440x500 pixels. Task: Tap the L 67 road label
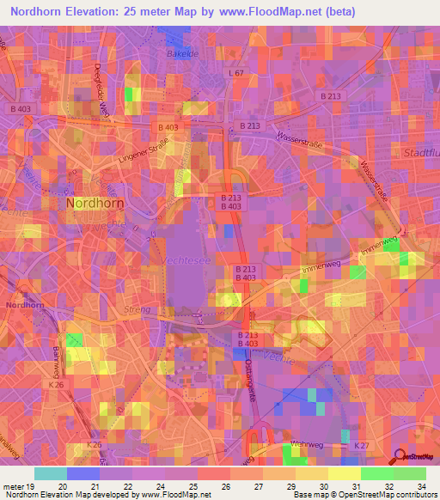click(x=236, y=75)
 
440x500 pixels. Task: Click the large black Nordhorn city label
click(x=94, y=204)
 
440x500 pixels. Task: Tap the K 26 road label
click(x=57, y=384)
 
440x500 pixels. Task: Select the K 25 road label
click(x=95, y=444)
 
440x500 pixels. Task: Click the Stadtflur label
click(x=421, y=152)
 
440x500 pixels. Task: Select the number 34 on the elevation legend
click(x=419, y=485)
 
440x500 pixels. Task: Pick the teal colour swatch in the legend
click(x=50, y=473)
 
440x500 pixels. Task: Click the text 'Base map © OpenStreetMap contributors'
click(x=363, y=495)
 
